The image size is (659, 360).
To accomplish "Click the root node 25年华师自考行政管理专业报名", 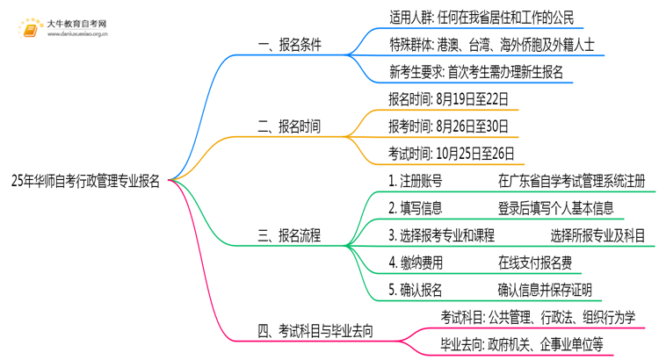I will point(85,181).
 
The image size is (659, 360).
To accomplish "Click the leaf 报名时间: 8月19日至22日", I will point(450,98).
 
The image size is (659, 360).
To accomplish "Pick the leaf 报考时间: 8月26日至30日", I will point(450,126).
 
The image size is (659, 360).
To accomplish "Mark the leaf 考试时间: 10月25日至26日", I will point(453,153).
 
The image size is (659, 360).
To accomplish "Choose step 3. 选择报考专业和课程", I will point(441,235).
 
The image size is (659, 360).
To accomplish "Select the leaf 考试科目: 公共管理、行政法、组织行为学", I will point(539,317).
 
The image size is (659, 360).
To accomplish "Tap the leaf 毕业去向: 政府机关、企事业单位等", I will point(523,344).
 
